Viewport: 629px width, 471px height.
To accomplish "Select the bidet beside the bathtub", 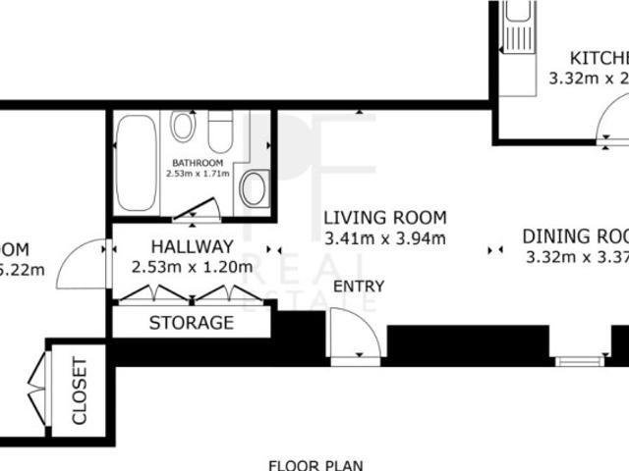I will click(182, 126).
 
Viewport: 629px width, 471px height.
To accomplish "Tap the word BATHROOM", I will click(198, 163).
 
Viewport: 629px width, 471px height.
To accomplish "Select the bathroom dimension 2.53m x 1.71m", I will click(198, 174).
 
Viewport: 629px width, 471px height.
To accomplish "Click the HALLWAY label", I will click(192, 246).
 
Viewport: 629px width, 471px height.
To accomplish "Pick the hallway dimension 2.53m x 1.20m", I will click(192, 265).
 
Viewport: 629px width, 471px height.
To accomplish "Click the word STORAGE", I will click(192, 322).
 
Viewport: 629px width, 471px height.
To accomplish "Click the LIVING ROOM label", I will click(385, 218).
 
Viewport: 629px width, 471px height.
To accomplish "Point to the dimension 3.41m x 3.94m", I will click(385, 237).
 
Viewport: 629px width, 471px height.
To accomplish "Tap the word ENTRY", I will click(359, 287).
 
